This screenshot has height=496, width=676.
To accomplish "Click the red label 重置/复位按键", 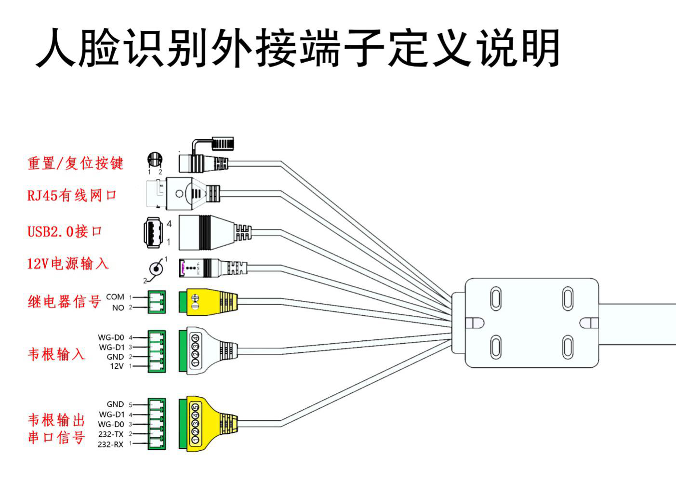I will [75, 163].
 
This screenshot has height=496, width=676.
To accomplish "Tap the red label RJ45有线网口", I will [72, 195].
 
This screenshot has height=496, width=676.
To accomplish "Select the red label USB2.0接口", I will [65, 231].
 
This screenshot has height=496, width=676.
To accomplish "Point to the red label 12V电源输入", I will [67, 264].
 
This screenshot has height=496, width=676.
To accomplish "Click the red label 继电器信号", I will [64, 302].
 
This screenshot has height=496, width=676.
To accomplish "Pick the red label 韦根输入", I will [56, 354].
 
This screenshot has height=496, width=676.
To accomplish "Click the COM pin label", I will [115, 297].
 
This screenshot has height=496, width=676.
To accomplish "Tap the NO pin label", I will [118, 308].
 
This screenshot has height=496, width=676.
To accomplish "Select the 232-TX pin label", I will [111, 434].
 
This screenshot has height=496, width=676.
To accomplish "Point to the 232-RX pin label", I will [110, 444].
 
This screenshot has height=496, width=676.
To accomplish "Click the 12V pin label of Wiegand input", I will [117, 366].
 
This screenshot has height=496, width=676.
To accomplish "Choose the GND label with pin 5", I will [115, 404].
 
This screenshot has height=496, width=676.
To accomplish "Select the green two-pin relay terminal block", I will [157, 302].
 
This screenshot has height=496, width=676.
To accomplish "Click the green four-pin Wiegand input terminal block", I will [157, 352].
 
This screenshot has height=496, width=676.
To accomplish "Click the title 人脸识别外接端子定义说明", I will [298, 48].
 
